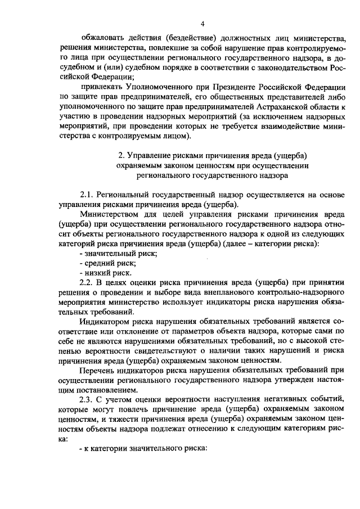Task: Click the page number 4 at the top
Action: (204, 23)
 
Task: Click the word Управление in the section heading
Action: (150, 155)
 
